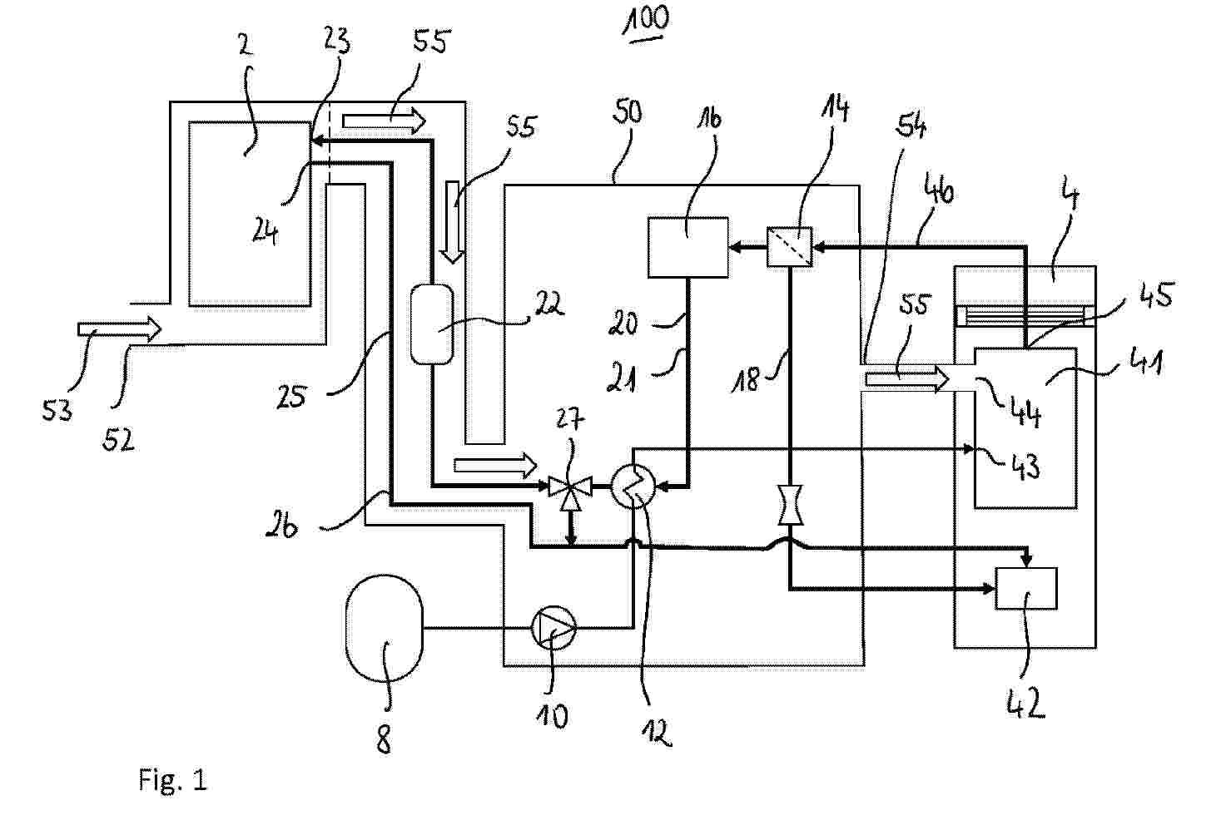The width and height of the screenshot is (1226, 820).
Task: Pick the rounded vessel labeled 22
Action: point(432,324)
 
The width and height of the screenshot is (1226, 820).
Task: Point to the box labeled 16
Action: point(687,247)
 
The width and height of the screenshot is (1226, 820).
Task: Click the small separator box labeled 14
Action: point(789,247)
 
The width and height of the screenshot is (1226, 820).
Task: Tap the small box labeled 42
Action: point(1026,589)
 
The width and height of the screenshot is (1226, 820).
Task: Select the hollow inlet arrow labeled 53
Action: point(119,329)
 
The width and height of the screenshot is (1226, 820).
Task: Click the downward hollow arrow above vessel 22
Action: point(452,221)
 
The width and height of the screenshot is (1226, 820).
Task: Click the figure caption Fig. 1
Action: point(172,780)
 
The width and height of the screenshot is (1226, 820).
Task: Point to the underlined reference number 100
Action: point(646,21)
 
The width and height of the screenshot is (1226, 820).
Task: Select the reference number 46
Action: point(939,193)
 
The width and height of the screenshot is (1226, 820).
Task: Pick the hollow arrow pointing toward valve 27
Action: point(495,463)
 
